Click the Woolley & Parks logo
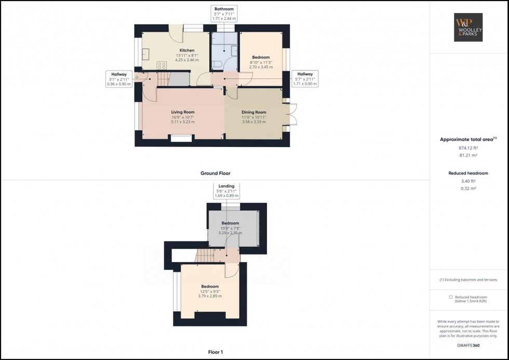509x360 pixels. click(x=468, y=27)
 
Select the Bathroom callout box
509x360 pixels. click(x=224, y=14)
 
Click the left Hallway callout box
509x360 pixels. click(x=119, y=78)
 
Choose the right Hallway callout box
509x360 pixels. click(x=305, y=78)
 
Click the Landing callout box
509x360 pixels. click(x=226, y=191)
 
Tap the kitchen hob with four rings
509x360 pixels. click(x=162, y=65)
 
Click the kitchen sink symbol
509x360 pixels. click(x=146, y=53)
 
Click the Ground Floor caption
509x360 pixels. click(x=215, y=174)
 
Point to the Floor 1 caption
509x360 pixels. click(x=215, y=352)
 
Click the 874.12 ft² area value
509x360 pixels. click(x=468, y=148)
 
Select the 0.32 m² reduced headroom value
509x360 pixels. click(x=468, y=188)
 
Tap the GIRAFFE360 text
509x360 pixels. click(x=468, y=345)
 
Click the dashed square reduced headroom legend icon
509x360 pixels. click(x=450, y=297)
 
